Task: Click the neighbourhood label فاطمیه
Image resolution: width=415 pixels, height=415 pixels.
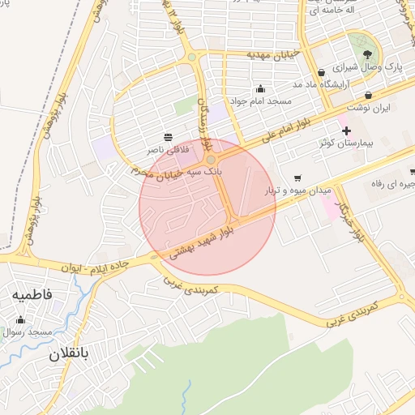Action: (32, 296)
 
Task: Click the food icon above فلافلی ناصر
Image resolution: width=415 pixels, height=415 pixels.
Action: (168, 135)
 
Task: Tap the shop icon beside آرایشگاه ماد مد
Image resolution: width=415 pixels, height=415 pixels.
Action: (321, 71)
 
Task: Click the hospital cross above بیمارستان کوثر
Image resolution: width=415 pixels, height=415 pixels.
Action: (346, 130)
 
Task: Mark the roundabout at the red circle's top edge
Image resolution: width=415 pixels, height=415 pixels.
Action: (210, 160)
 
